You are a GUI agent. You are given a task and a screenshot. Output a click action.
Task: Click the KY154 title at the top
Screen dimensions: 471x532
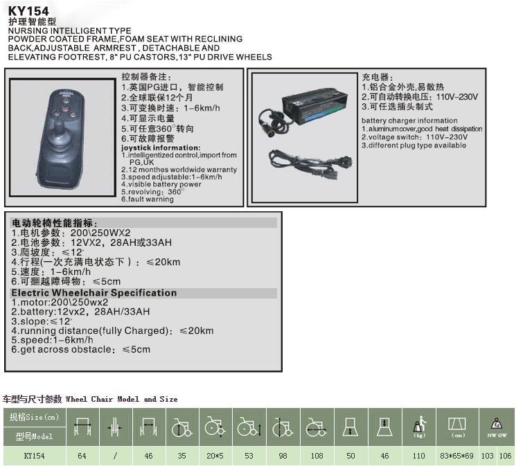pos(28,11)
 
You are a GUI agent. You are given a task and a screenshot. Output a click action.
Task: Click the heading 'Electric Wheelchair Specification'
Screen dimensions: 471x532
pos(94,293)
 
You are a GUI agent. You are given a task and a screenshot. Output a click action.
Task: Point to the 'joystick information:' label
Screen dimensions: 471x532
pos(160,148)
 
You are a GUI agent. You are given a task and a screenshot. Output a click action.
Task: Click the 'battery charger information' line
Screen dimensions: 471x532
pos(409,121)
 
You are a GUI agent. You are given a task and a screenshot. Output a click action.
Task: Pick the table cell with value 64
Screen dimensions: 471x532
pos(82,456)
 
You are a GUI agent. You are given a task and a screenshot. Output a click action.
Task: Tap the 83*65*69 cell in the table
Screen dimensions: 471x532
pos(457,456)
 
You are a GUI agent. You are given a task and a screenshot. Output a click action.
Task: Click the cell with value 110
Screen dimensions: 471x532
pos(418,456)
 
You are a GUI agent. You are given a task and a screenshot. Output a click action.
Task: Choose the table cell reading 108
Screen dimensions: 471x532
pos(317,456)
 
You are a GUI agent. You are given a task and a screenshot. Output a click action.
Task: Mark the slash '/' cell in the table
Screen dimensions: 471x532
pos(116,456)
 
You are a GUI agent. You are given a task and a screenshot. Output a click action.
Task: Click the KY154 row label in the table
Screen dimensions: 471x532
pos(35,456)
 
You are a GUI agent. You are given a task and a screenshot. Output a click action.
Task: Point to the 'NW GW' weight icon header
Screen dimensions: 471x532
pos(496,427)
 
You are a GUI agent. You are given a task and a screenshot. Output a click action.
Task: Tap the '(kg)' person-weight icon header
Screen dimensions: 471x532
pos(418,427)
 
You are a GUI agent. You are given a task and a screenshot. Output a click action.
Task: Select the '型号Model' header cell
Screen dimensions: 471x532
pos(35,436)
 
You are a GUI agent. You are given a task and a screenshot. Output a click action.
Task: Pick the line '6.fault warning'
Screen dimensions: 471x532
pos(148,199)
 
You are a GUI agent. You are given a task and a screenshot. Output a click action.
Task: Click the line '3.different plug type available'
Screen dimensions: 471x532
pos(414,145)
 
